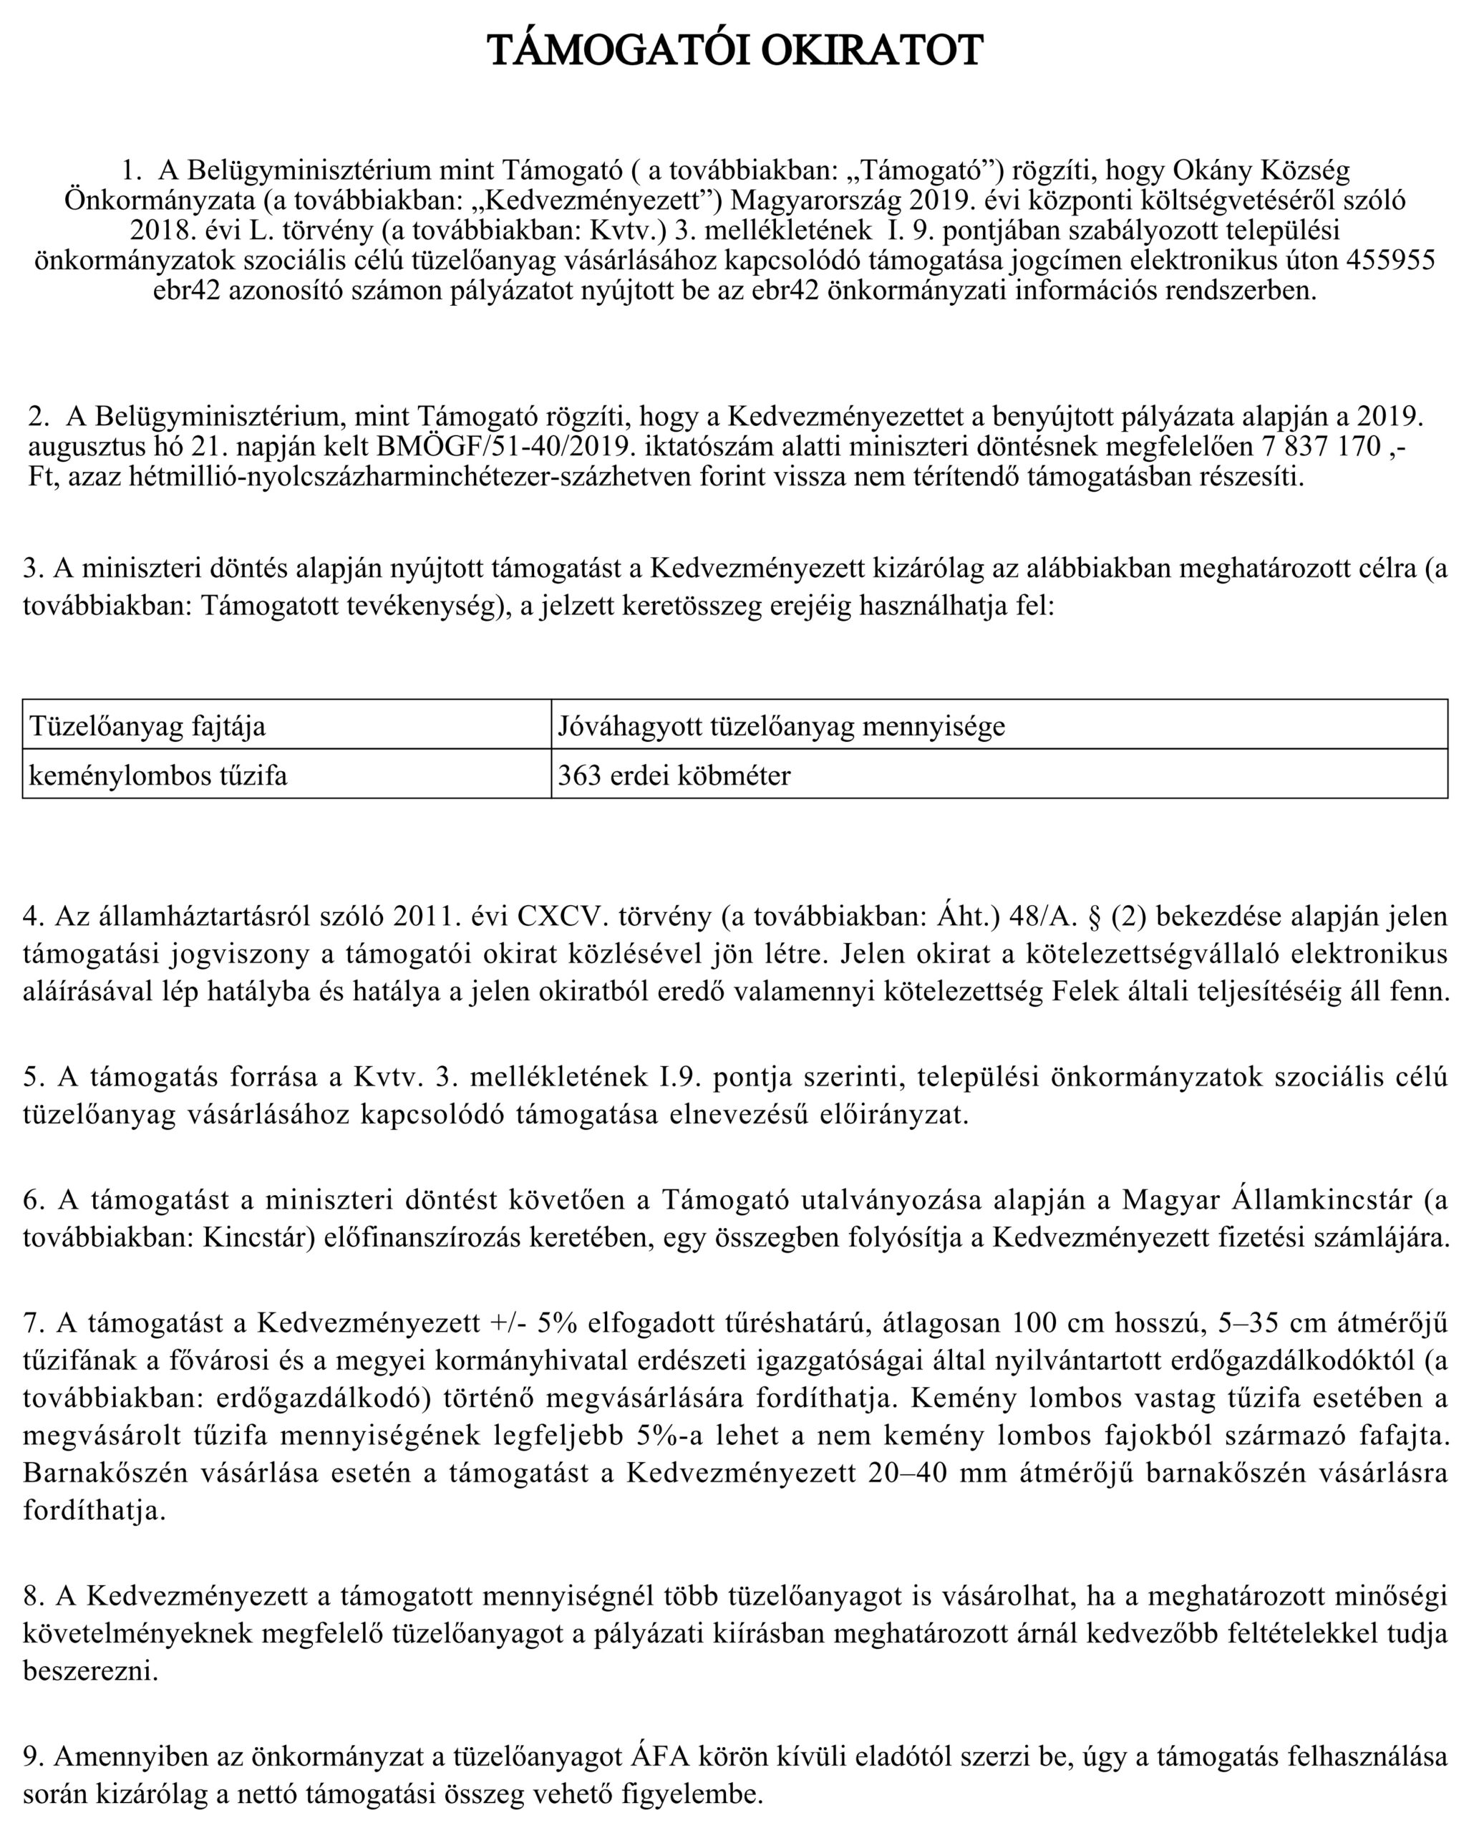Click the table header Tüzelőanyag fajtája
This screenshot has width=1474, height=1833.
pos(148,726)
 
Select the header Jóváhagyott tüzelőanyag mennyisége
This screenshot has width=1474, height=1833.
pos(781,726)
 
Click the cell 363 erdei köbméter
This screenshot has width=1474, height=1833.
pos(674,775)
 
